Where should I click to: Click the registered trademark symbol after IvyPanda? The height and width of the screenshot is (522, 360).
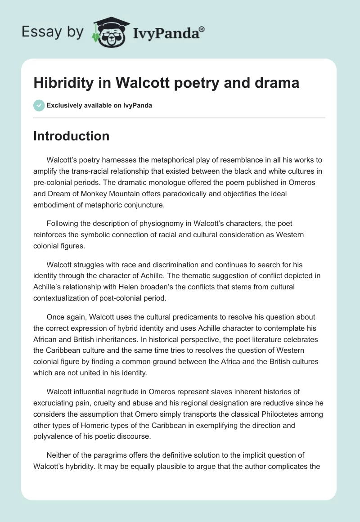click(202, 29)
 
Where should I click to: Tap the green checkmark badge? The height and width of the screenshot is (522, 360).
click(39, 105)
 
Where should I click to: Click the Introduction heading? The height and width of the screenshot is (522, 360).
click(71, 136)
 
